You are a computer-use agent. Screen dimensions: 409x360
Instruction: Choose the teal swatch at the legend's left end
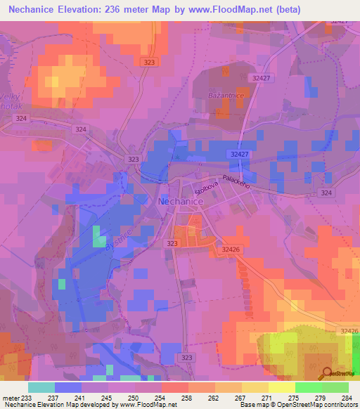[41, 387]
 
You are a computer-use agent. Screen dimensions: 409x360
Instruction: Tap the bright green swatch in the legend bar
[309, 387]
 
